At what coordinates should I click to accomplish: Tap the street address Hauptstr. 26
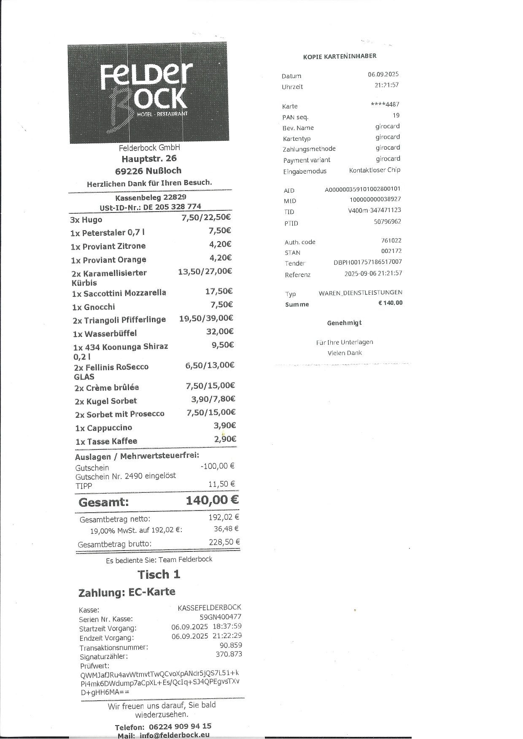(149, 159)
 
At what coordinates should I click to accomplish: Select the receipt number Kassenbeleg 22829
(151, 197)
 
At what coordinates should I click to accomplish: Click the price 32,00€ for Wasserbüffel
(220, 332)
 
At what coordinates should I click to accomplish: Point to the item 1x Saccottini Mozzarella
(119, 293)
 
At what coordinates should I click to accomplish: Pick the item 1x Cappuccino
(103, 428)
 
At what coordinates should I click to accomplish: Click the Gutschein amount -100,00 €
(218, 466)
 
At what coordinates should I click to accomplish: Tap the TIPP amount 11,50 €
(222, 484)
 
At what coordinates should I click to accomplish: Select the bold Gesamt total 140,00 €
(212, 500)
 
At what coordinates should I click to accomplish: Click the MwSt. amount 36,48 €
(226, 529)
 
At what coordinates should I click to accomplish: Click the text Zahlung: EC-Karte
(127, 592)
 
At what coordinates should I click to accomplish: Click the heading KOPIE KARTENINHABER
(340, 56)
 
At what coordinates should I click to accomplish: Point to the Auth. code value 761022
(391, 240)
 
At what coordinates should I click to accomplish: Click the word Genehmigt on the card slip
(344, 323)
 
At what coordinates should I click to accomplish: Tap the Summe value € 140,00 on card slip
(390, 303)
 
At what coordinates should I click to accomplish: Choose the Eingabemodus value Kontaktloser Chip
(375, 170)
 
